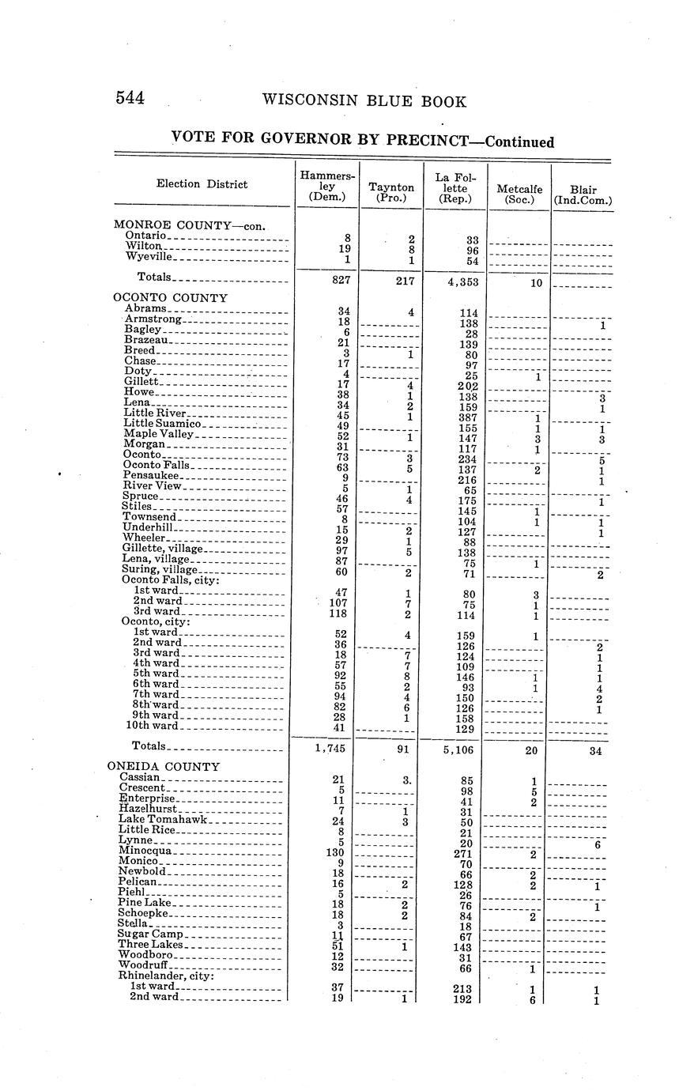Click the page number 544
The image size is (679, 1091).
[x=130, y=98]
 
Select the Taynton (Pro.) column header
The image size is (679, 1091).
[x=391, y=192]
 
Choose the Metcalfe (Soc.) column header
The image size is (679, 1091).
[x=519, y=194]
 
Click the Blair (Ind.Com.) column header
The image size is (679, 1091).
[x=583, y=194]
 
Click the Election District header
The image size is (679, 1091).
[x=202, y=184]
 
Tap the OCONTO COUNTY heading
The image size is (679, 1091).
[x=170, y=298]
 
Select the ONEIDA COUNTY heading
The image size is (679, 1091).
[x=164, y=766]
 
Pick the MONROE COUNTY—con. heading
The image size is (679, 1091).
[x=189, y=225]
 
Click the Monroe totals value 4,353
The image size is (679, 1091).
[x=462, y=281]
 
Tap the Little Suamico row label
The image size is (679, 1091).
[x=163, y=424]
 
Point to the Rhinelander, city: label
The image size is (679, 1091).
[x=168, y=975]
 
